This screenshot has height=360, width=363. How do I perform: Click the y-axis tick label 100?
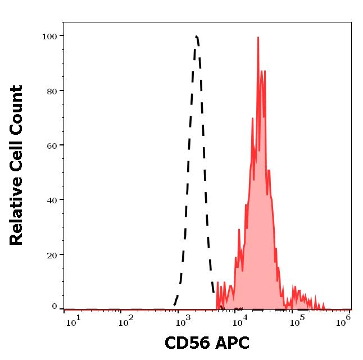click(49, 37)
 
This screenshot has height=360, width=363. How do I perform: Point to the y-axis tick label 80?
click(52, 91)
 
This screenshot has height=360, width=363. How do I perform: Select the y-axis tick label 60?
click(52, 145)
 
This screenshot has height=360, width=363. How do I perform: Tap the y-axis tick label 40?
click(52, 200)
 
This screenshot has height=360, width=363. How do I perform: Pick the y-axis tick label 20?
click(52, 255)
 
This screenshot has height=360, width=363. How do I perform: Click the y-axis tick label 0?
click(55, 307)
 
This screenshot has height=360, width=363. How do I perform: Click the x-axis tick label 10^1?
click(73, 321)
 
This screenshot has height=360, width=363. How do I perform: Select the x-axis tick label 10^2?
click(126, 321)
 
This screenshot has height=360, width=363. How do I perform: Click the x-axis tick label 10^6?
click(343, 320)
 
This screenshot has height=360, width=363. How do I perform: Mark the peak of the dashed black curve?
click(196, 37)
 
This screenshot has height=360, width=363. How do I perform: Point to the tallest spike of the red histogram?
click(258, 38)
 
